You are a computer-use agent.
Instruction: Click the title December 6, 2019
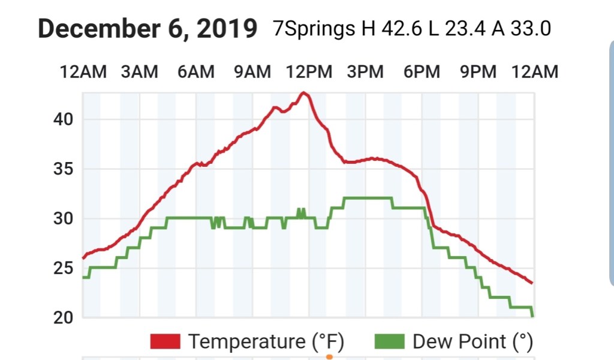click(x=148, y=29)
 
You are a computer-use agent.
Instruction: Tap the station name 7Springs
click(x=314, y=29)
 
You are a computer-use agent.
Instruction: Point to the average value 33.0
click(x=529, y=29)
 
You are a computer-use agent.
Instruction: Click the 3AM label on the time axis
click(x=139, y=72)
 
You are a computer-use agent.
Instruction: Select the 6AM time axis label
click(x=195, y=72)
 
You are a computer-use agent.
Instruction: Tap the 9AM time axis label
click(x=252, y=72)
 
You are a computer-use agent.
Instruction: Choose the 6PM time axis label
click(x=422, y=72)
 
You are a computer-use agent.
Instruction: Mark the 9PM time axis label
click(x=478, y=72)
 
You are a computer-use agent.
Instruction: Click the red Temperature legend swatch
click(x=165, y=341)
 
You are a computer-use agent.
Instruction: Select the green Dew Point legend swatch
click(x=389, y=341)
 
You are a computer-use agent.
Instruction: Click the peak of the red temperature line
click(x=304, y=93)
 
